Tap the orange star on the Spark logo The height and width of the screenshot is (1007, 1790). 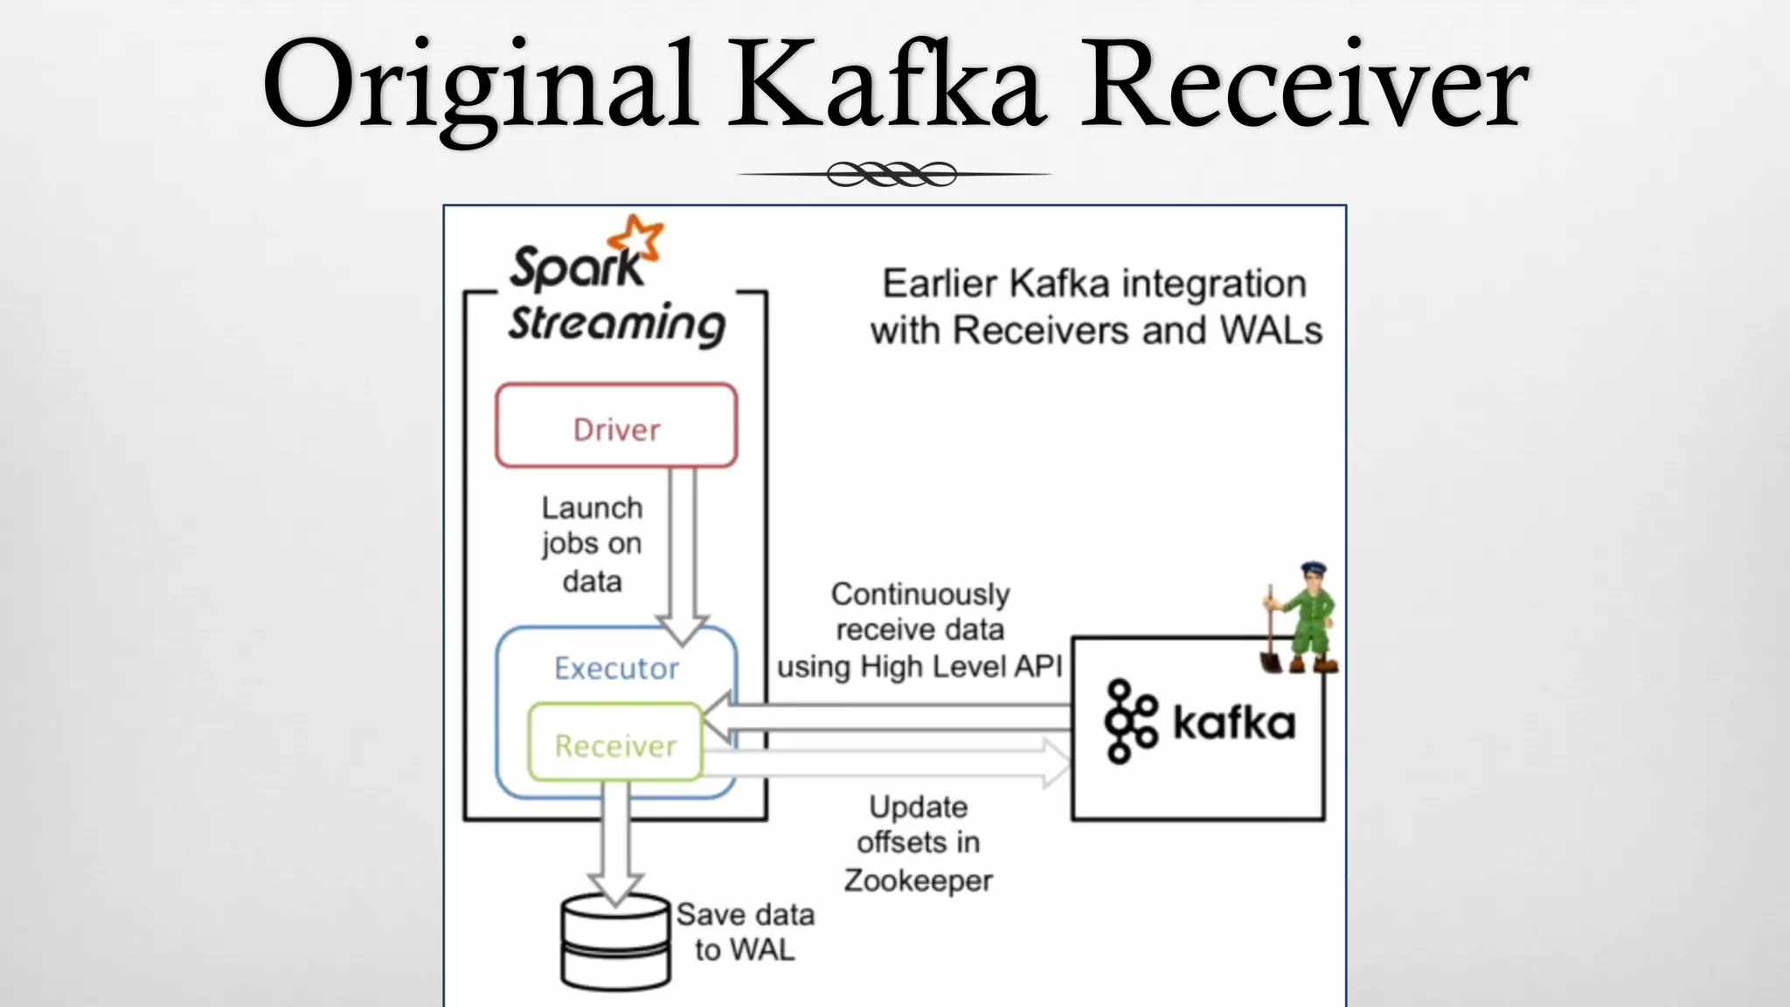point(636,239)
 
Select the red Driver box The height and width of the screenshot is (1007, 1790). point(616,426)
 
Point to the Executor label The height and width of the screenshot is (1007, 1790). point(616,669)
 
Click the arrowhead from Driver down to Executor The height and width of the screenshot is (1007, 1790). point(682,628)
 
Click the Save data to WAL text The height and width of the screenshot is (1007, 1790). point(745,932)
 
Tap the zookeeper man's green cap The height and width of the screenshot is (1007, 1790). point(1313,569)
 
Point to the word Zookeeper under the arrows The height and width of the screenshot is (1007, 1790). point(918,880)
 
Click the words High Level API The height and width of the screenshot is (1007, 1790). point(961,667)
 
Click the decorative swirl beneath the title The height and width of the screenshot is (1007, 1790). point(892,175)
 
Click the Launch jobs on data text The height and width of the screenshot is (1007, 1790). point(592,544)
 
